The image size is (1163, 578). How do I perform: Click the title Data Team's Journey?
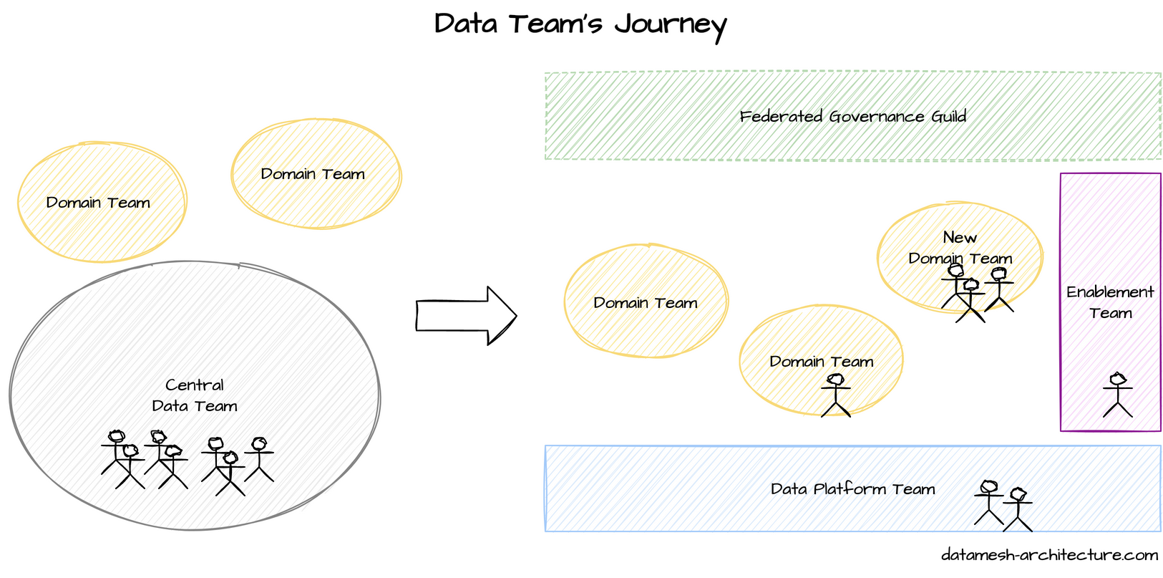[x=580, y=24]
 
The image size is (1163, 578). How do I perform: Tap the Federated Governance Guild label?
[x=852, y=116]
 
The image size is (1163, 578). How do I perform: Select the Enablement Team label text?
[x=1110, y=302]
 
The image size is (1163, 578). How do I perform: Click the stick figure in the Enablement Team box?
[x=1117, y=395]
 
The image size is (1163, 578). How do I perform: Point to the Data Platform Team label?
[x=852, y=489]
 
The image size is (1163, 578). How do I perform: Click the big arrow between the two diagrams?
[x=466, y=316]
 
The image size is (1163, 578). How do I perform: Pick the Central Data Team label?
[x=195, y=395]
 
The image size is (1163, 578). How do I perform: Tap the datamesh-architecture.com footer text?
[x=1049, y=555]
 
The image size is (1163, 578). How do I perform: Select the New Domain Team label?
[x=960, y=248]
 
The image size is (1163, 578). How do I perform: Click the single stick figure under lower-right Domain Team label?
[x=835, y=395]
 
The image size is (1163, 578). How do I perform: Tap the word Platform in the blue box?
[x=851, y=489]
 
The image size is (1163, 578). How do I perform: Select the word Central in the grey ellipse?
[x=195, y=385]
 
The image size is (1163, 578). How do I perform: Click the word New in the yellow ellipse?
[x=960, y=237]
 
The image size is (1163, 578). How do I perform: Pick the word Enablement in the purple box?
[x=1110, y=292]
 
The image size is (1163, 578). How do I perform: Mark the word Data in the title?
[x=465, y=24]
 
